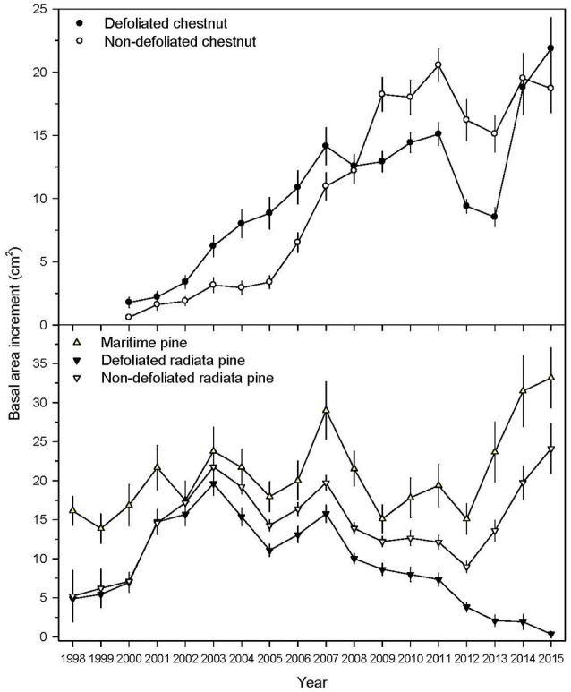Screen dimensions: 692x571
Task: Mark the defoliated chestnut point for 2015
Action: pos(550,48)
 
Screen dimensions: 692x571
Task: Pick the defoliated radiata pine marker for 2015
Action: pos(550,634)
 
